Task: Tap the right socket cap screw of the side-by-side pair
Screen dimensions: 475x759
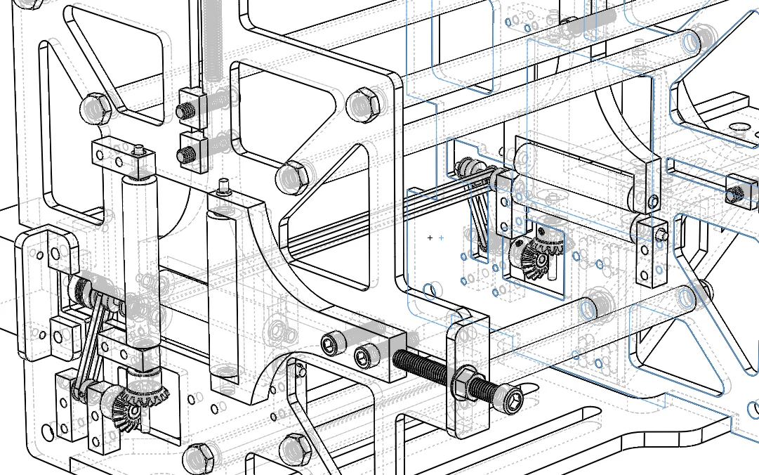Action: tap(362, 357)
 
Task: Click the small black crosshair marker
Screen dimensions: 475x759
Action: tap(430, 238)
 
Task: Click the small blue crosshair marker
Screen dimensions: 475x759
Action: tap(441, 238)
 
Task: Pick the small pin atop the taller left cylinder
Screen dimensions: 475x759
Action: tap(139, 148)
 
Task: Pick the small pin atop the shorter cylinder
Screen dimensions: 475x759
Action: tap(224, 186)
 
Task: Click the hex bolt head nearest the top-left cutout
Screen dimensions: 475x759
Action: tap(94, 108)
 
